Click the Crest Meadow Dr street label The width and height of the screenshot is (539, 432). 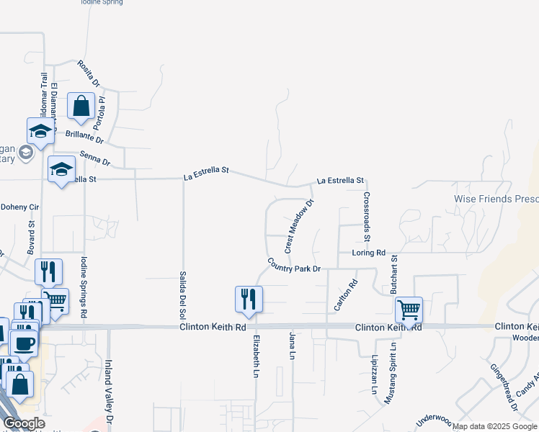point(300,226)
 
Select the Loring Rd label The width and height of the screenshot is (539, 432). point(368,253)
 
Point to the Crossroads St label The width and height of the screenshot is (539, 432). point(366,217)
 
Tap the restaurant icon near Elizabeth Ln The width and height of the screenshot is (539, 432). point(249,299)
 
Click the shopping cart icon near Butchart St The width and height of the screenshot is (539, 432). point(409,310)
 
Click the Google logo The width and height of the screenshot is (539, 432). point(24,423)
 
